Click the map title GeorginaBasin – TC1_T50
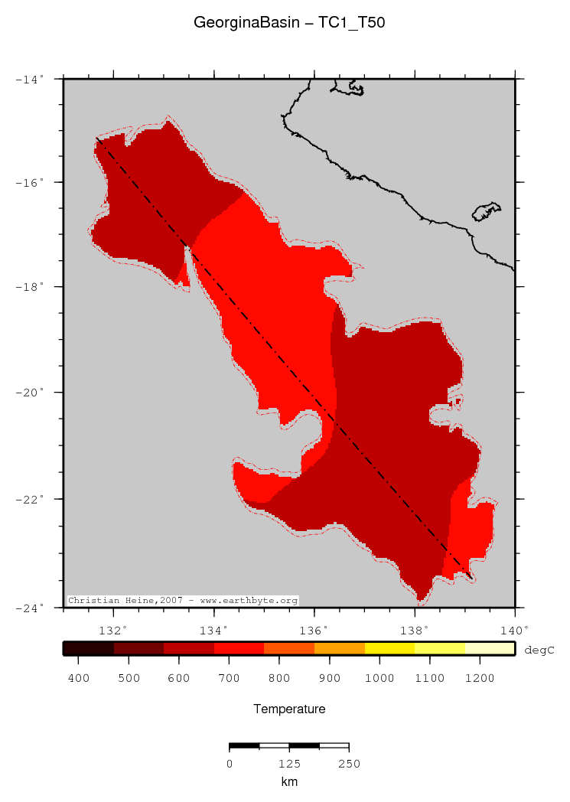[289, 23]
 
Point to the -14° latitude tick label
[31, 78]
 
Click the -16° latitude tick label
[31, 182]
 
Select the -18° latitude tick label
[31, 287]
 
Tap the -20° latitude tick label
[31, 393]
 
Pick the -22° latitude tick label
[31, 499]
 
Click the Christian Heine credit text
[183, 601]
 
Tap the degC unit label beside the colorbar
[539, 650]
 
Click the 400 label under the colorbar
[79, 678]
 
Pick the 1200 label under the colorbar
[480, 678]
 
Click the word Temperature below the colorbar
[289, 709]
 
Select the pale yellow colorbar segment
[490, 648]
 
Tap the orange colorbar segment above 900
[340, 648]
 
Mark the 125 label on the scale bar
[289, 764]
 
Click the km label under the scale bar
[289, 782]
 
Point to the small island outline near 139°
[486, 211]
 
